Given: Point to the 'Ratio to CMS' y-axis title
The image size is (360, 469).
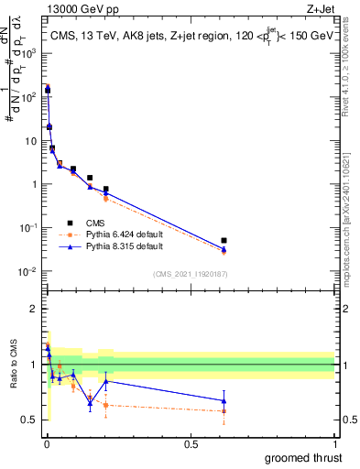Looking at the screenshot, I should (13, 376).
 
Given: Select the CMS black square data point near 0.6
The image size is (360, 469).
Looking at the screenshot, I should (224, 240).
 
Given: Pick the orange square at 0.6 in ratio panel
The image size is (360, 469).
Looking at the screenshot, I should (224, 411).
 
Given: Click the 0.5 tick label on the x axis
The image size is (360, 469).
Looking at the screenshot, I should (191, 442).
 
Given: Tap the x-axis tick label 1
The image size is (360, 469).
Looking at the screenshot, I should (334, 442).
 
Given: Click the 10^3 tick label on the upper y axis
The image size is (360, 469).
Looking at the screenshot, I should (27, 54).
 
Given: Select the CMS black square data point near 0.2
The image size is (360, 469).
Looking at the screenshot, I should (106, 190).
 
